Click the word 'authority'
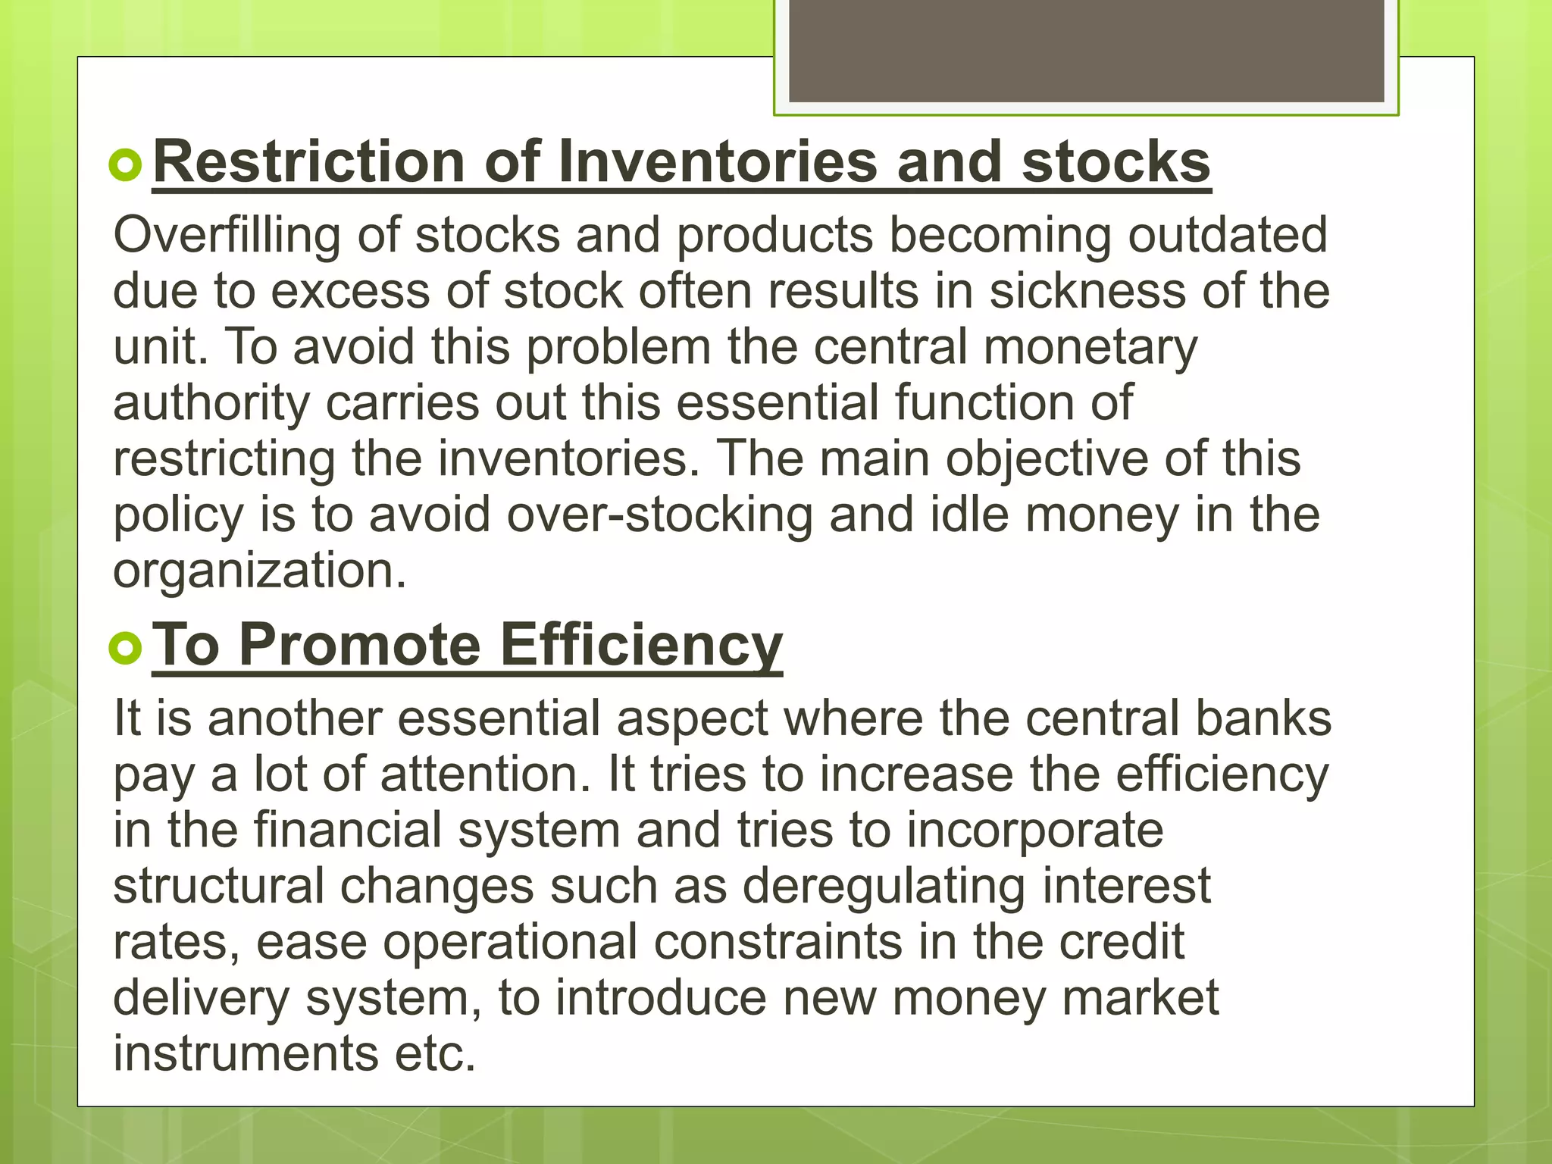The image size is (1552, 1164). (x=211, y=403)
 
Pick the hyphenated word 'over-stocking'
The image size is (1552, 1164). (x=659, y=515)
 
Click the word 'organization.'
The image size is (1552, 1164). (x=260, y=571)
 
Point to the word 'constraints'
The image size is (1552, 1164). (x=778, y=942)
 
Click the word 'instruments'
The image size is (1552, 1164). (x=246, y=1053)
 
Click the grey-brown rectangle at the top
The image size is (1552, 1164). (x=1086, y=49)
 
